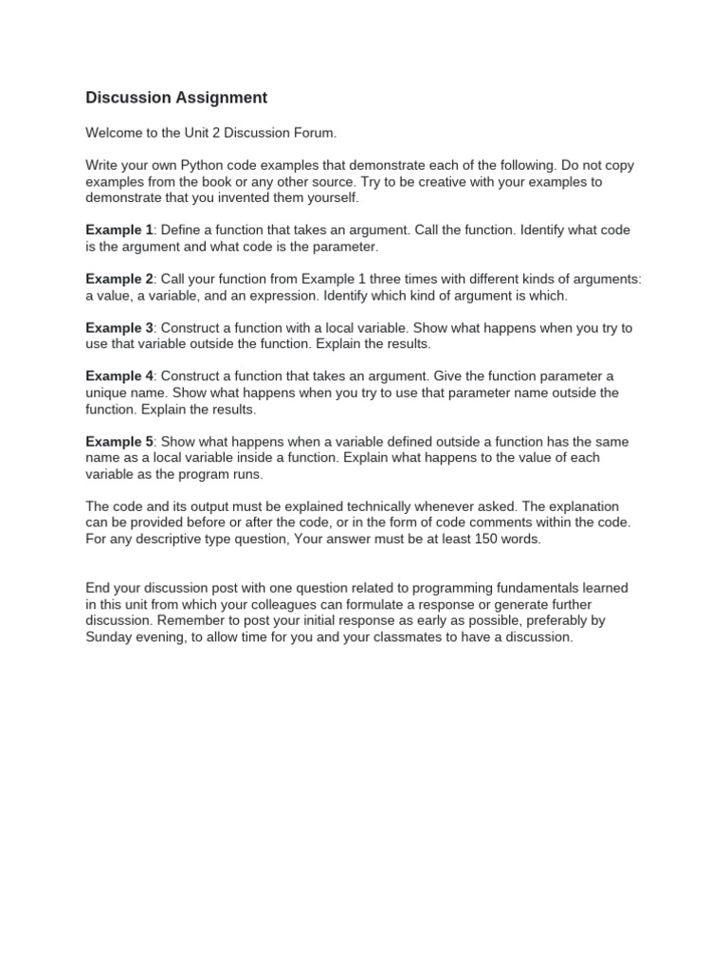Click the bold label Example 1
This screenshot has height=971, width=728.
(x=119, y=230)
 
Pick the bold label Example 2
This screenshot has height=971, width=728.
(x=119, y=279)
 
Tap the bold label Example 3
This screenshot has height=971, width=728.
(x=119, y=328)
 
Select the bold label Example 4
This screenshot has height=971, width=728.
(x=119, y=376)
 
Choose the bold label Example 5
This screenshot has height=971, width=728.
(x=119, y=442)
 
